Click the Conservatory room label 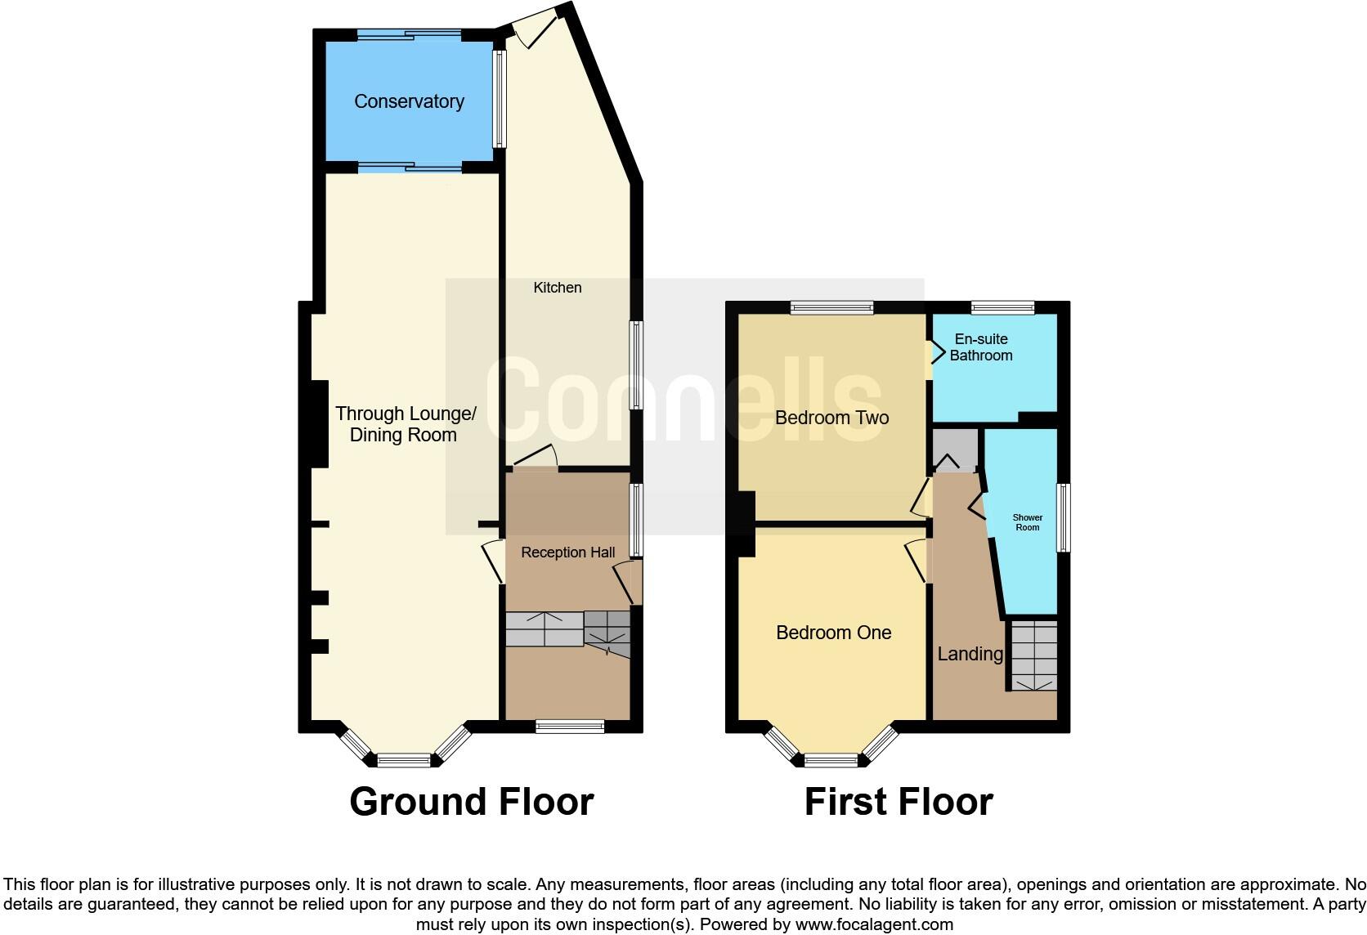[409, 101]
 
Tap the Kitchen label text [557, 288]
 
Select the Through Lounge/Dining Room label [405, 424]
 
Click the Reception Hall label [567, 552]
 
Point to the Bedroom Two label [831, 418]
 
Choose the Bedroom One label [833, 633]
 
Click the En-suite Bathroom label [980, 347]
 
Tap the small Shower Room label [1027, 522]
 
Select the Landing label [970, 654]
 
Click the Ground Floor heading [471, 802]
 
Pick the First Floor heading [898, 802]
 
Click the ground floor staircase [567, 630]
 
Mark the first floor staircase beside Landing [1033, 656]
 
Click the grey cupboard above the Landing [955, 447]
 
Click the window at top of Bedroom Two [831, 308]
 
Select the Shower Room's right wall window [1064, 517]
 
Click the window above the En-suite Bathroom [1002, 308]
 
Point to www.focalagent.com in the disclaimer [874, 925]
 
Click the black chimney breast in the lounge [318, 424]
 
